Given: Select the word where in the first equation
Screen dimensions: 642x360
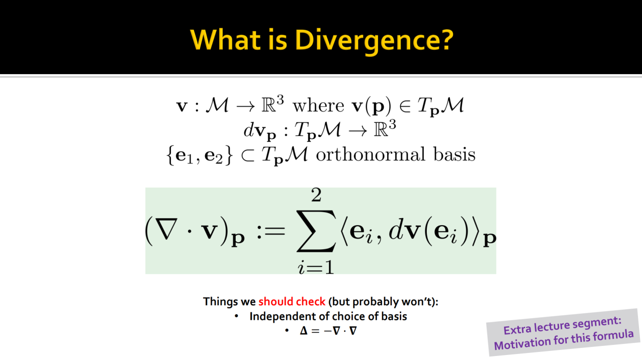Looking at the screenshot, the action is click(x=318, y=105).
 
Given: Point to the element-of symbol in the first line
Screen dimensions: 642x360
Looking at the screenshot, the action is click(x=405, y=106).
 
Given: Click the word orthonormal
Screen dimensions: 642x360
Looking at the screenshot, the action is click(x=370, y=154).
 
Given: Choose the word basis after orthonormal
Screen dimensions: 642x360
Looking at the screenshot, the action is click(x=454, y=154).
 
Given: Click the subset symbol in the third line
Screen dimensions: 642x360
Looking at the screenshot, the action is click(x=248, y=155).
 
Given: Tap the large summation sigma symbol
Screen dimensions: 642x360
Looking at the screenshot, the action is click(x=316, y=231).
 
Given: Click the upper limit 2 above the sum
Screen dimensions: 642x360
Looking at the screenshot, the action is click(x=316, y=195).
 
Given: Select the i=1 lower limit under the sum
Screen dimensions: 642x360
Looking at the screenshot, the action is click(x=316, y=268).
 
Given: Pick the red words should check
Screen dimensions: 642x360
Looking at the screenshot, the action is click(x=292, y=301).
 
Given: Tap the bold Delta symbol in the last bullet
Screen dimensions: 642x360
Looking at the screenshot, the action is click(x=303, y=331).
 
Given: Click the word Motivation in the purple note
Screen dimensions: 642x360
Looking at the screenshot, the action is click(x=522, y=343).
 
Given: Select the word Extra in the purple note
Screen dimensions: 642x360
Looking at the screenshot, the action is click(x=517, y=329).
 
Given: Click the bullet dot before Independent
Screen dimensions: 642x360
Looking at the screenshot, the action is click(x=236, y=316).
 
